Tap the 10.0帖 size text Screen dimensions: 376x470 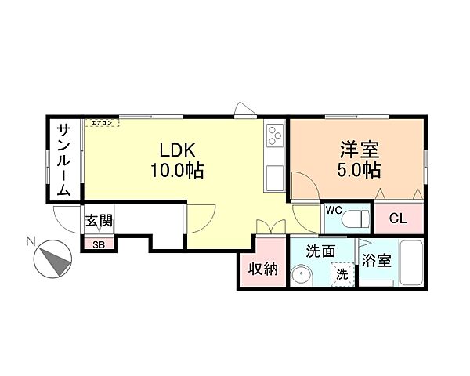point(178,170)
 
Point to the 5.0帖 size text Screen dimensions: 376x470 point(360,170)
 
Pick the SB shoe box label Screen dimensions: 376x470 point(99,244)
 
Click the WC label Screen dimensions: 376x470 point(333,211)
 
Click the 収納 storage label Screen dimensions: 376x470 point(264,269)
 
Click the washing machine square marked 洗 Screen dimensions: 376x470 point(342,274)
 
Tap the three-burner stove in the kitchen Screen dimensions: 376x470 point(275,136)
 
